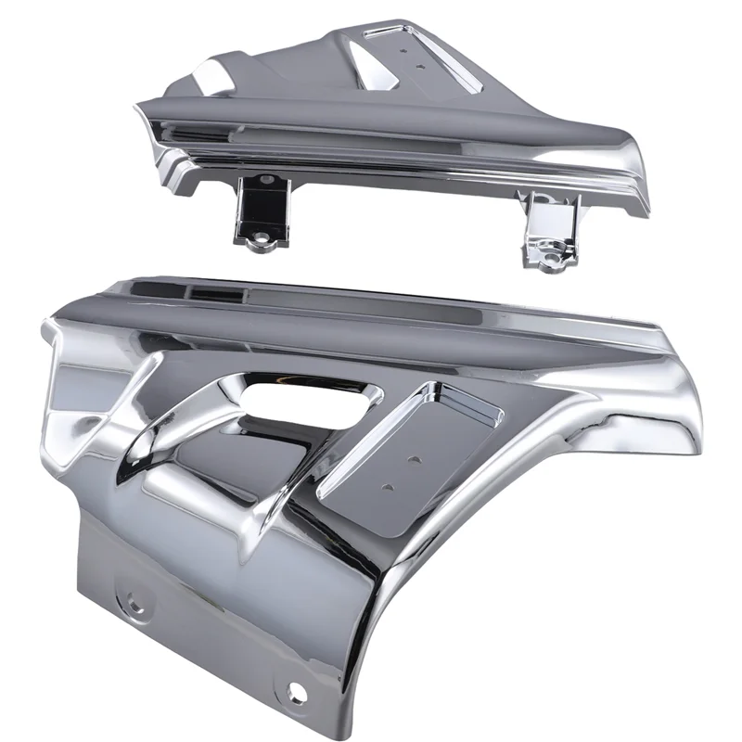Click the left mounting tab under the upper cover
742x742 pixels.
pyautogui.click(x=259, y=209)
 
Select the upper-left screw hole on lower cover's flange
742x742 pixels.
pyautogui.click(x=135, y=604)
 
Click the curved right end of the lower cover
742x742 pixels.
pyautogui.click(x=672, y=427)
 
